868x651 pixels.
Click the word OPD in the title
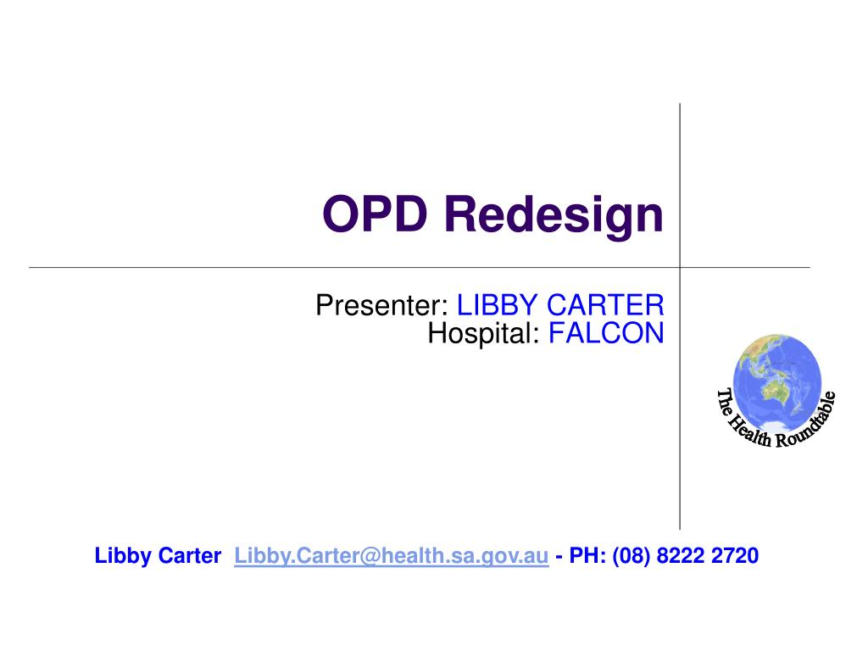click(x=378, y=214)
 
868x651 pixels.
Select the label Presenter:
click(x=382, y=304)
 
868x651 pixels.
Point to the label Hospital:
click(x=483, y=333)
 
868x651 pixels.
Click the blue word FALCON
click(x=606, y=333)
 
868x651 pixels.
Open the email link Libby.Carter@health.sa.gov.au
click(x=392, y=556)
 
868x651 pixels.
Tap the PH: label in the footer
click(x=587, y=556)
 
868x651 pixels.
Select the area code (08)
click(x=631, y=556)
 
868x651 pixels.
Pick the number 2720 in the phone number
click(x=736, y=556)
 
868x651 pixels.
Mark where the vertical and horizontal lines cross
click(x=680, y=267)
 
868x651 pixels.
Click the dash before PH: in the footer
click(x=560, y=557)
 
